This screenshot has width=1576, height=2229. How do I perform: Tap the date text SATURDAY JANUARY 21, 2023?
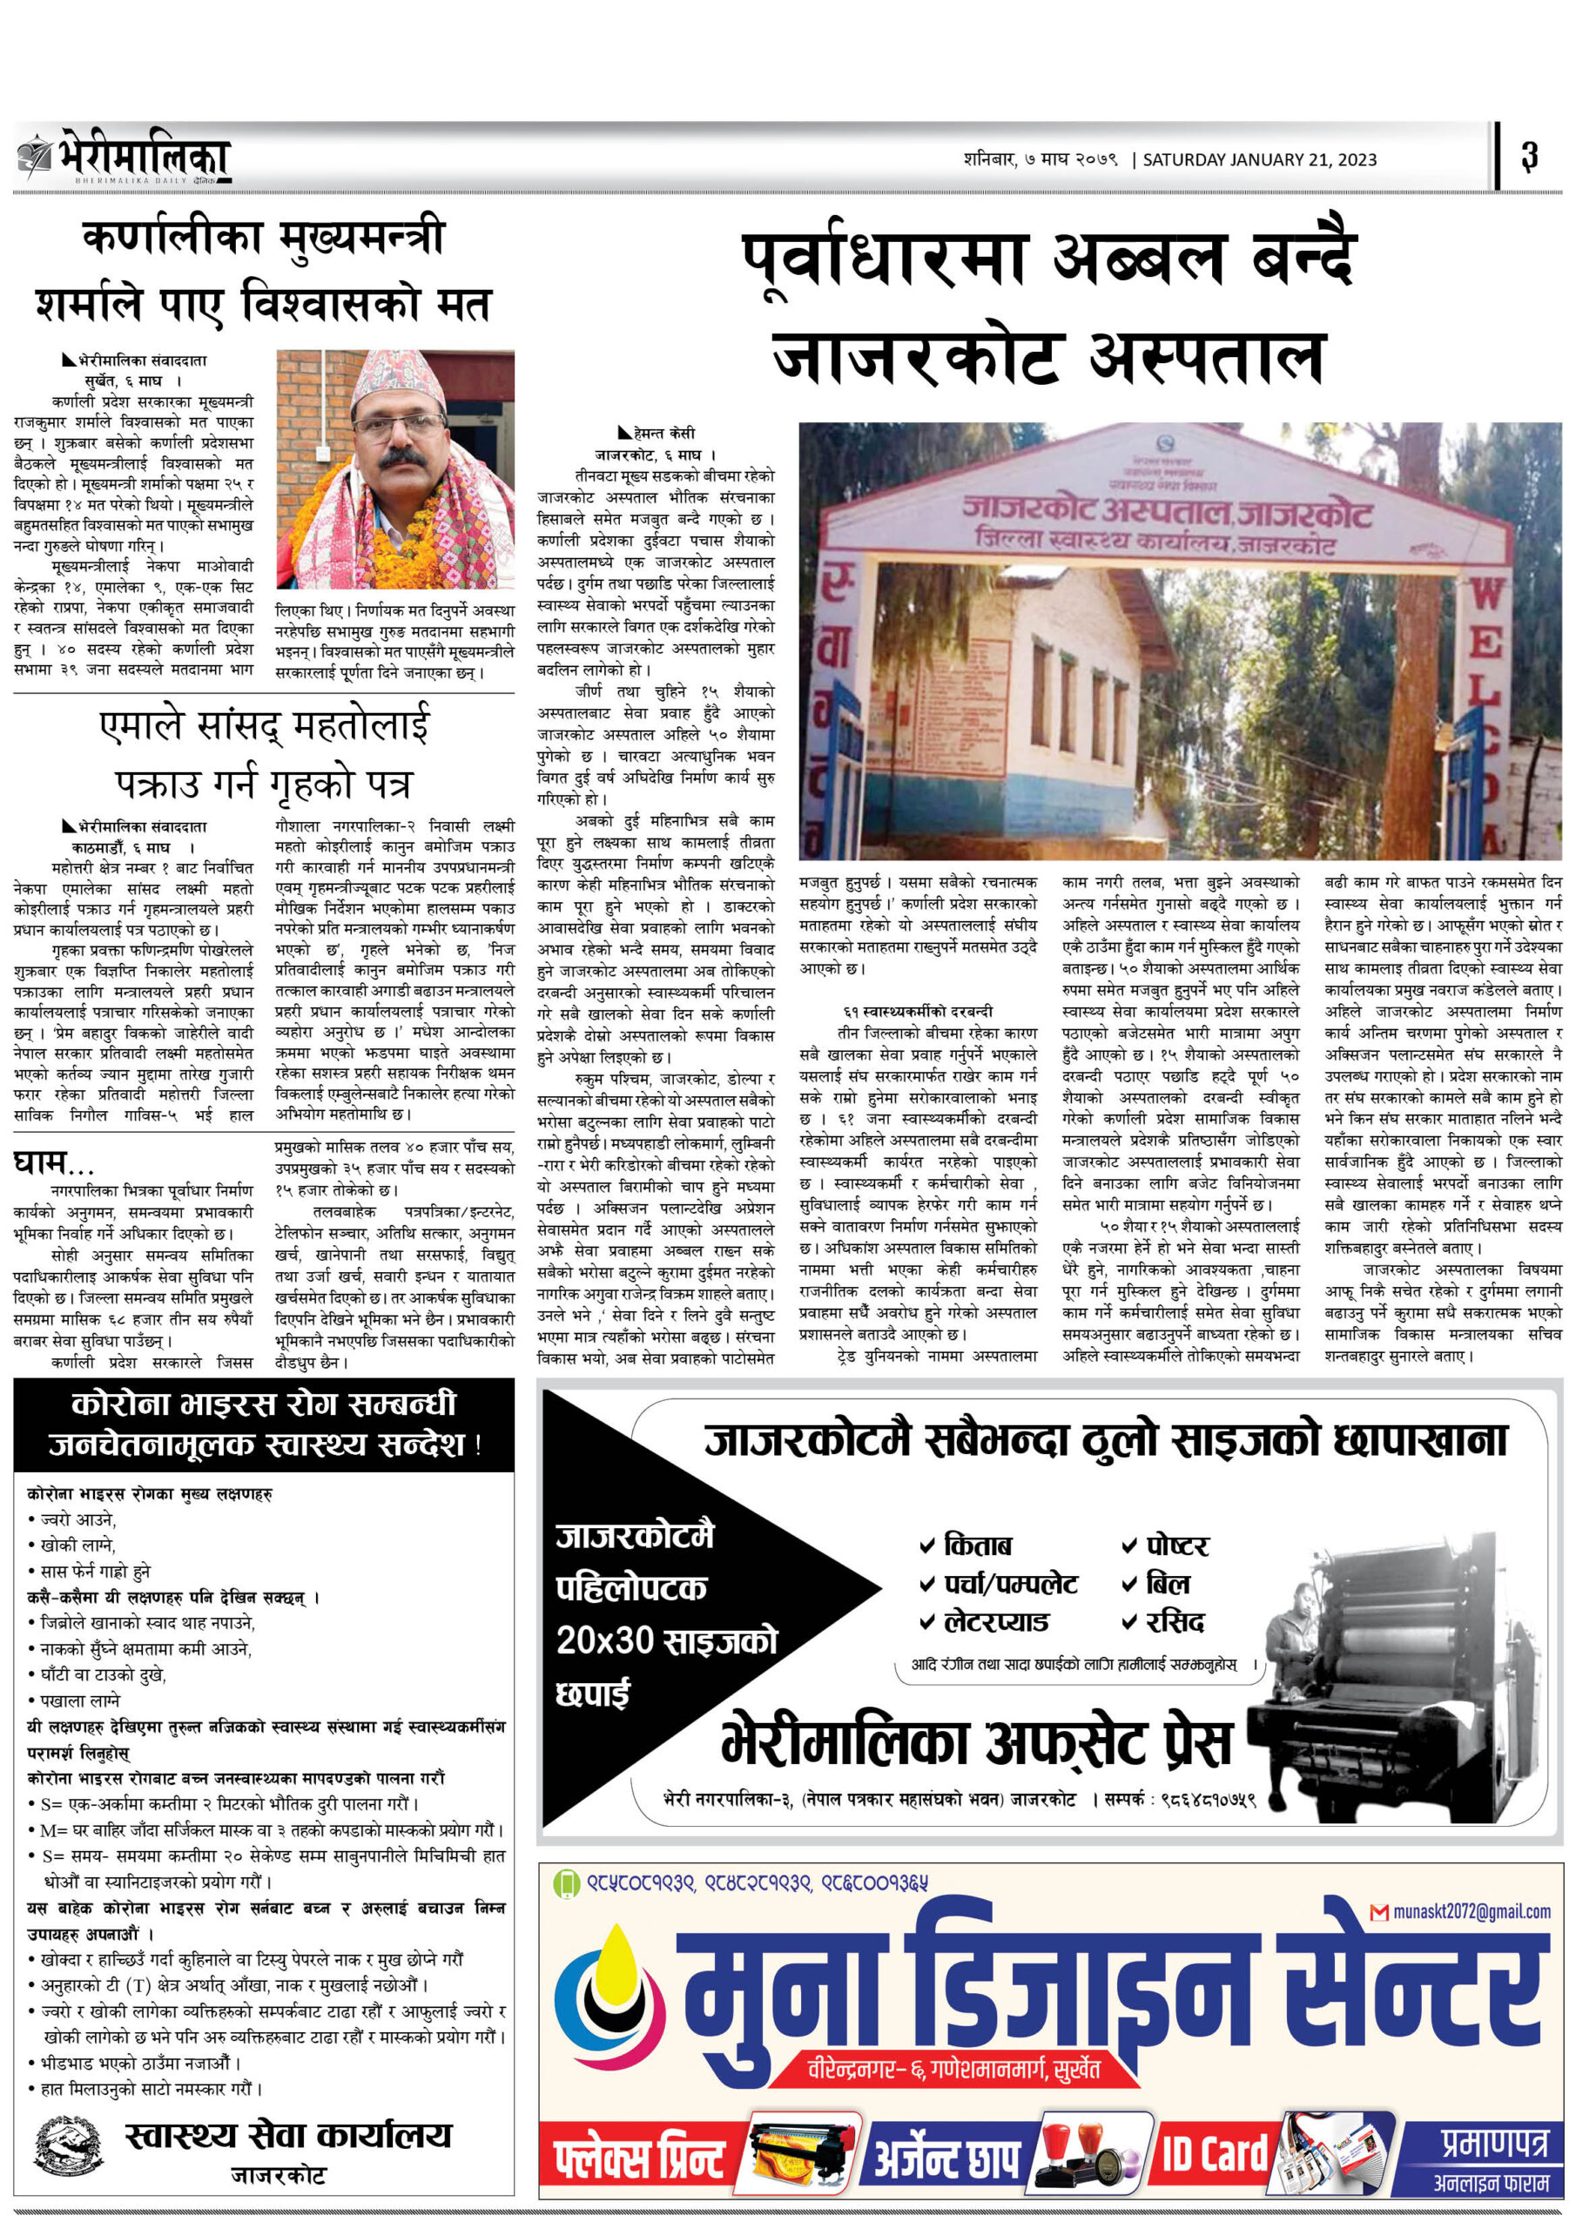click(x=1258, y=159)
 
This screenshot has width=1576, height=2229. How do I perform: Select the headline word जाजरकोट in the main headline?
click(x=915, y=356)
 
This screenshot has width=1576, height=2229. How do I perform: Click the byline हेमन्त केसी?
click(x=663, y=433)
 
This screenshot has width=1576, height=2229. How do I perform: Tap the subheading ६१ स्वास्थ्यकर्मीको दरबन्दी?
click(x=918, y=1011)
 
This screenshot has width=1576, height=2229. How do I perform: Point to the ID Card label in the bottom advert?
click(x=1214, y=2153)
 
